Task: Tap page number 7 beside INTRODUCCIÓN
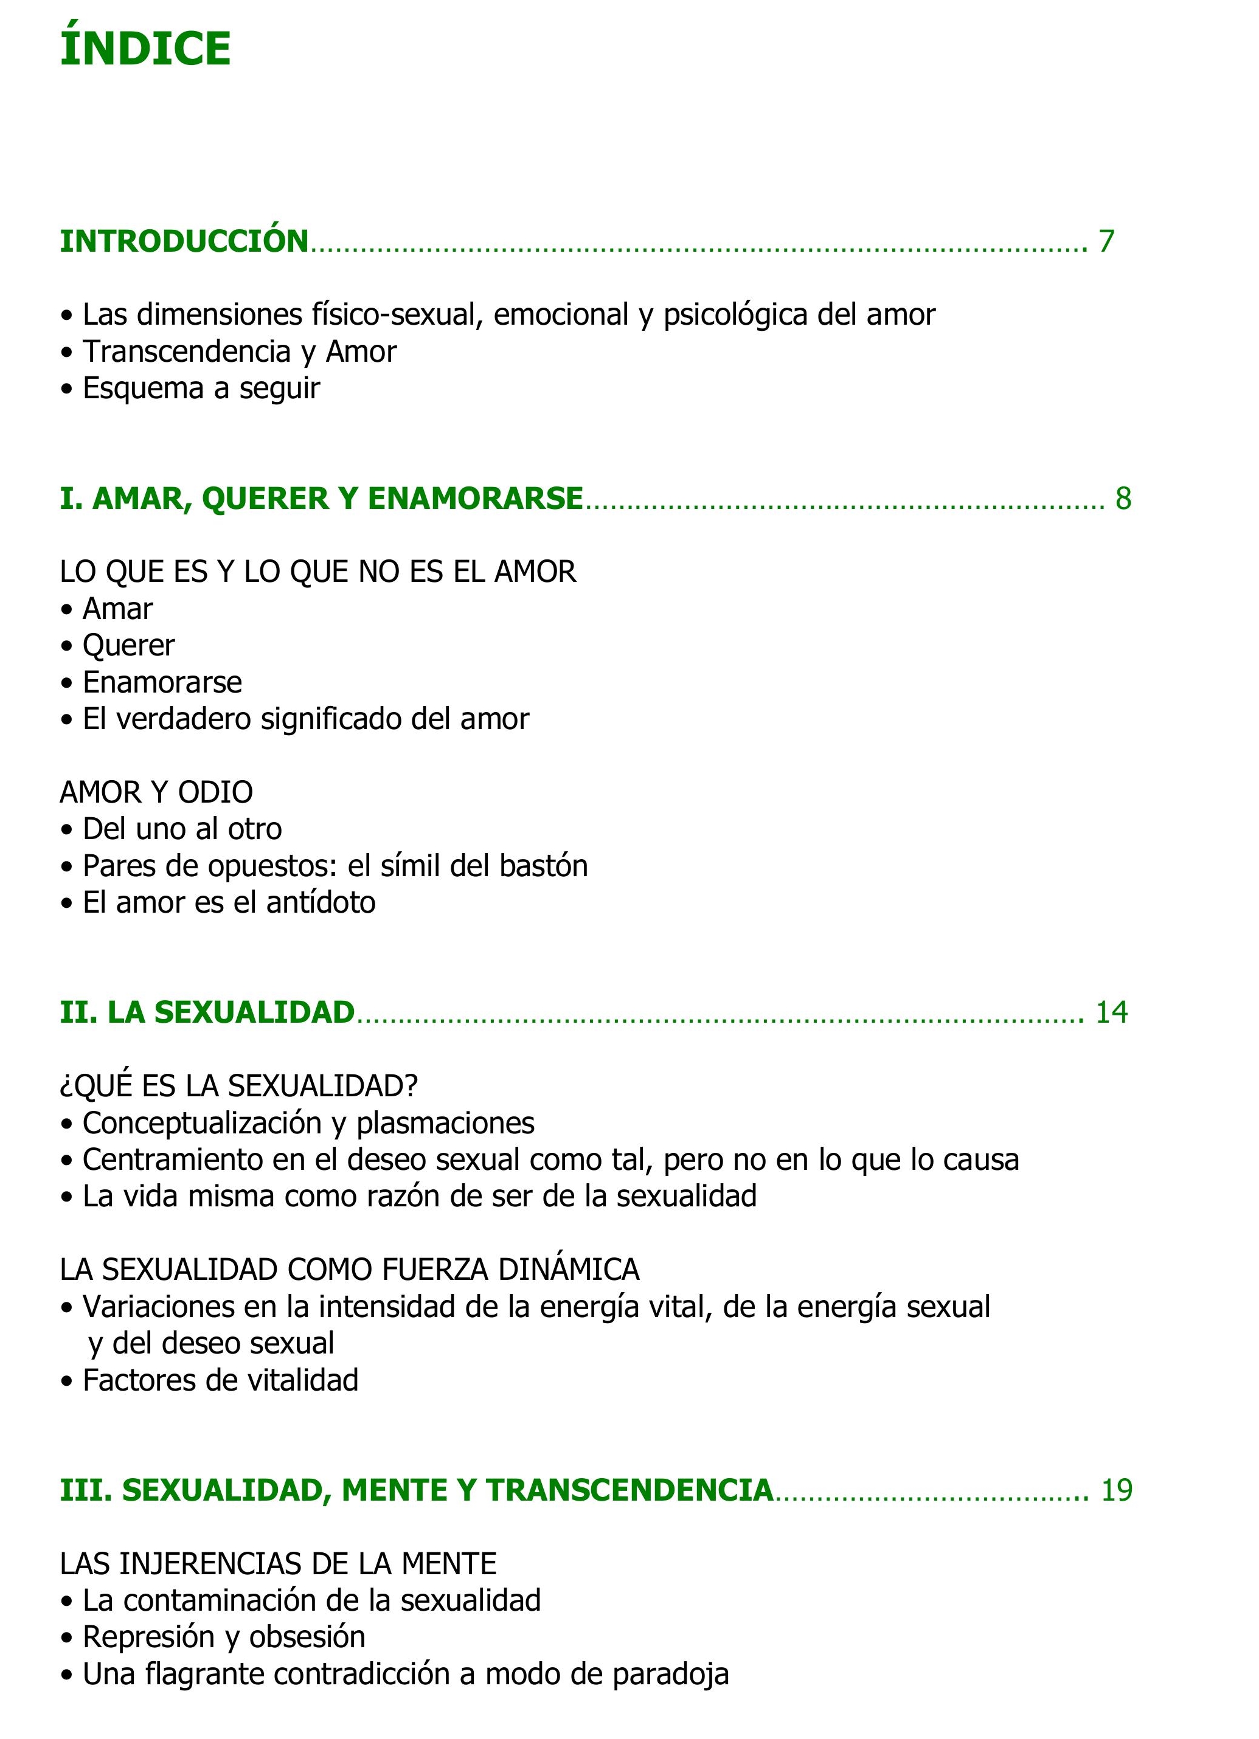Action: (x=1106, y=241)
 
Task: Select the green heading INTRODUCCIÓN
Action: (x=184, y=241)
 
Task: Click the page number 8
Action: (x=1123, y=499)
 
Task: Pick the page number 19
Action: (x=1117, y=1490)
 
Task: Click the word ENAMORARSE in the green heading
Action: (x=476, y=499)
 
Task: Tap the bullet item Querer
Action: (x=128, y=646)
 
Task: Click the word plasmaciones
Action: (x=445, y=1123)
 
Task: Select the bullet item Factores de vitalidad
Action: (x=220, y=1380)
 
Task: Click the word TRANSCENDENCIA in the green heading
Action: (x=629, y=1490)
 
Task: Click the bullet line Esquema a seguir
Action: (x=201, y=388)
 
